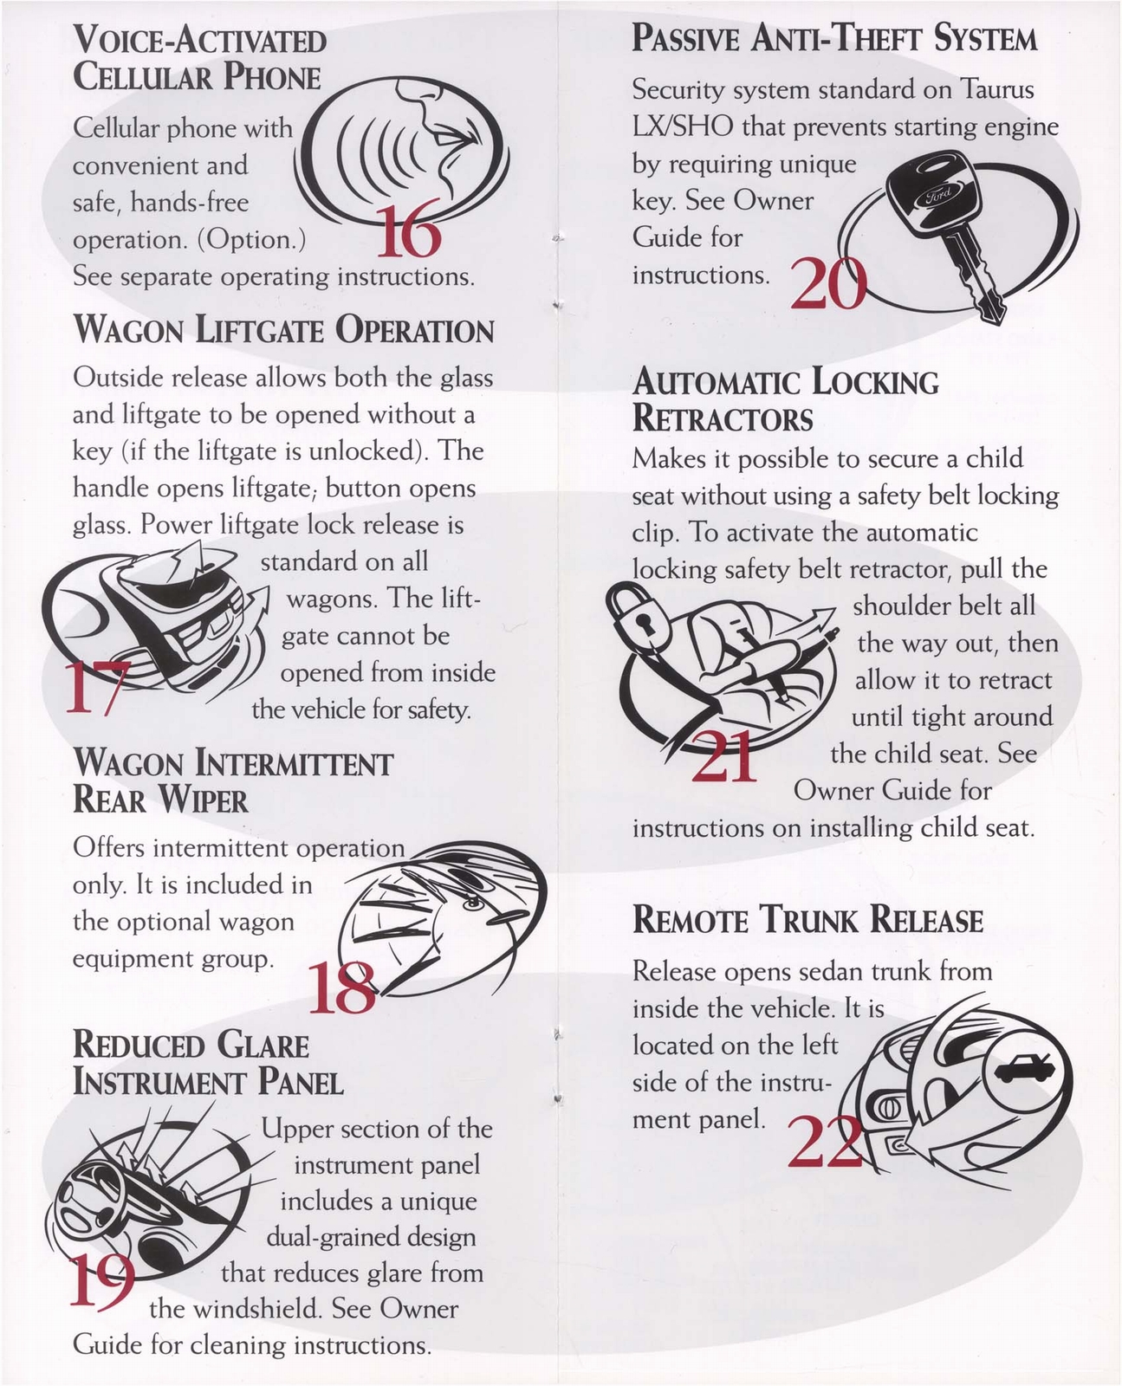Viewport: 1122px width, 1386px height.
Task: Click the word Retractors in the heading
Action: pos(723,419)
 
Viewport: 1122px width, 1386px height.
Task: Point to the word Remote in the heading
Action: pos(690,920)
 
